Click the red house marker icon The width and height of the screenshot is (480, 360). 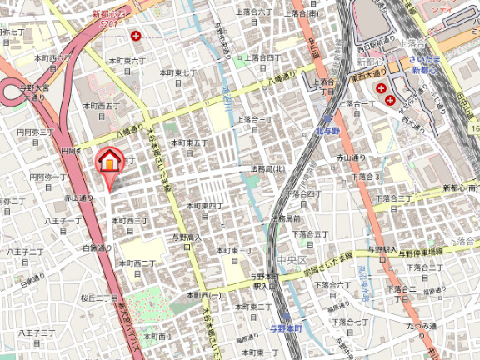[x=109, y=159]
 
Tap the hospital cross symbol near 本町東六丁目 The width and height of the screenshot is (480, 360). [x=135, y=36]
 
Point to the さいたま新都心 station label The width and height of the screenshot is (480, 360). [x=429, y=65]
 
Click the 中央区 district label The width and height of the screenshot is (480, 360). [x=292, y=260]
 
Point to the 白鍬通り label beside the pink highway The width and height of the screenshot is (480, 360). [x=97, y=248]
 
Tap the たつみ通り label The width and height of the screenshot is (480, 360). [x=423, y=326]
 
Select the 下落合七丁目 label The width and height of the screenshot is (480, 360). [x=351, y=321]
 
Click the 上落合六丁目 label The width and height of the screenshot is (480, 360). [x=254, y=12]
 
